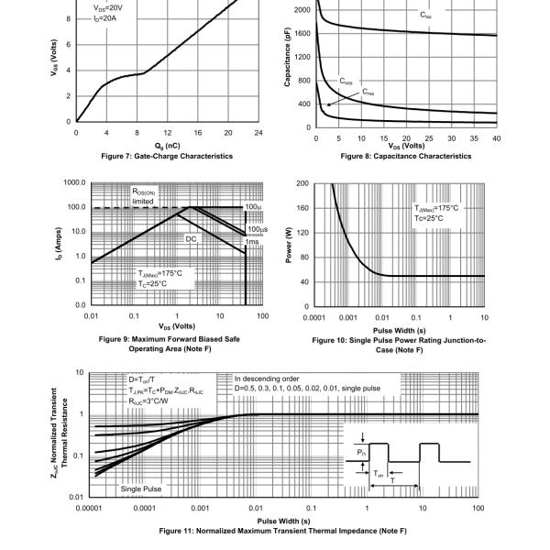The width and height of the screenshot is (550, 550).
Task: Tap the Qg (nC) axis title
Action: tap(169, 145)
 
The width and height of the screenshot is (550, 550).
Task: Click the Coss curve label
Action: tap(346, 81)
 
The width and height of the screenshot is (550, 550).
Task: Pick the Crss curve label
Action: tap(368, 93)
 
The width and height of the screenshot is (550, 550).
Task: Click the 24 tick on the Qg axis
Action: tap(259, 133)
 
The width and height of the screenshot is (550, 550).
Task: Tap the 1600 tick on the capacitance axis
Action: tap(302, 33)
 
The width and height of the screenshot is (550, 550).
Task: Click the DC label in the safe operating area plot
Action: tap(192, 239)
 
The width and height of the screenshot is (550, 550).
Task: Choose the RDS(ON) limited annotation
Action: tap(148, 196)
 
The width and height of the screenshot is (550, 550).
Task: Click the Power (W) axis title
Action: tap(289, 244)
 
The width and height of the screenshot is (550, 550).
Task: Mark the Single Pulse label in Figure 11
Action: tap(140, 489)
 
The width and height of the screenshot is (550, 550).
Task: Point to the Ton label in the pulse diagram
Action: tap(378, 475)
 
